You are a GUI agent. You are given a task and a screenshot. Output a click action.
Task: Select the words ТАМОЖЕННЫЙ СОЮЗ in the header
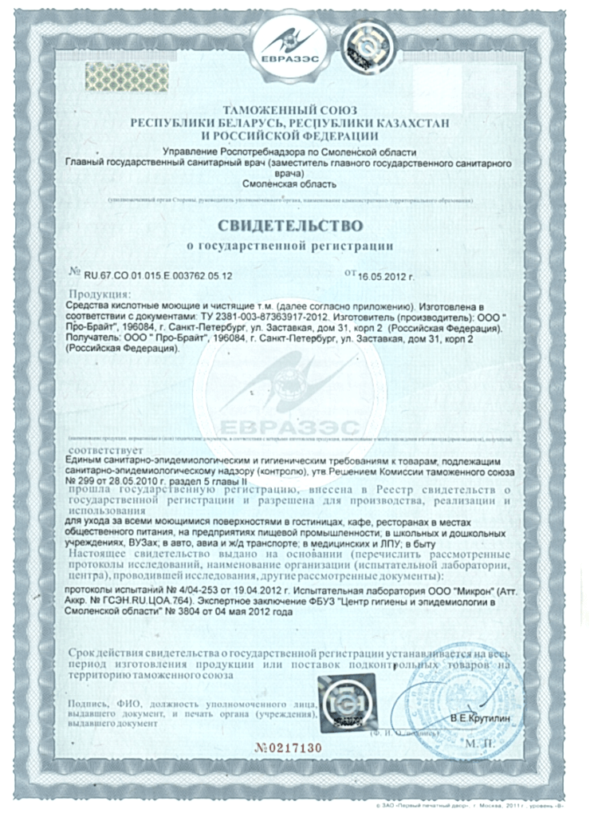[290, 109]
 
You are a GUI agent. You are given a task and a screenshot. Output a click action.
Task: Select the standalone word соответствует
[100, 449]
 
